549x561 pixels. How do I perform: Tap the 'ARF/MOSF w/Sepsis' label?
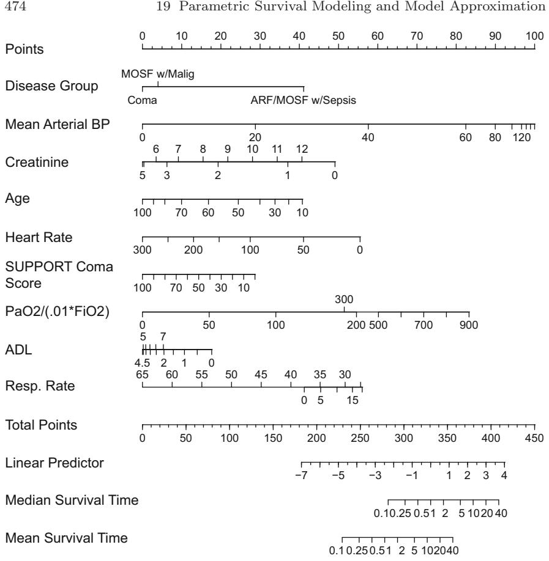point(303,101)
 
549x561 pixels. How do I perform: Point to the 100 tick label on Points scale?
point(534,35)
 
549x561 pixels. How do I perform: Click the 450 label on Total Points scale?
point(534,438)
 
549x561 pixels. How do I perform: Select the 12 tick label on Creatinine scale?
point(302,149)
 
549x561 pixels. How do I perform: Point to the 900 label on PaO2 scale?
point(469,324)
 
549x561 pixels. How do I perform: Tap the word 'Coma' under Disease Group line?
point(142,101)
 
